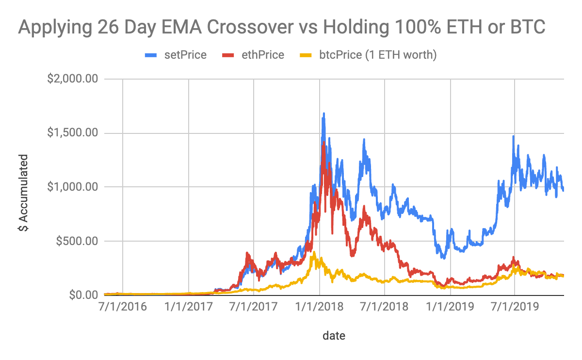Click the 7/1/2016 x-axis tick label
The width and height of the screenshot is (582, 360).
pyautogui.click(x=123, y=307)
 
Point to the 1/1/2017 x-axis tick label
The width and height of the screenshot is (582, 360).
pyautogui.click(x=188, y=307)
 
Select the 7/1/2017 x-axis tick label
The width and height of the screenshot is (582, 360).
pyautogui.click(x=254, y=307)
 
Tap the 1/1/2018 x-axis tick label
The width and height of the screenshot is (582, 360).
pyautogui.click(x=320, y=307)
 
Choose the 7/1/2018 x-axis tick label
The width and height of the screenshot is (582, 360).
pyautogui.click(x=385, y=307)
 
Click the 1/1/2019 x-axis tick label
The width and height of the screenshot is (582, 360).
pyautogui.click(x=451, y=307)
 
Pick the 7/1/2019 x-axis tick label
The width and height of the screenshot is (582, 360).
pyautogui.click(x=516, y=307)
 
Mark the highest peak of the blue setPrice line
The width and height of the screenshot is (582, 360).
pyautogui.click(x=323, y=114)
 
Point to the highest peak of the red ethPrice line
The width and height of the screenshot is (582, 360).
pyautogui.click(x=323, y=142)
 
